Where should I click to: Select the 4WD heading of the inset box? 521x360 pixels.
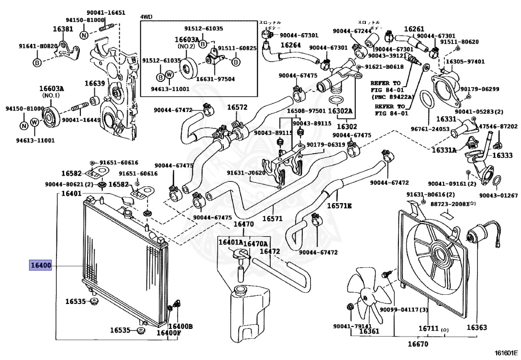148,17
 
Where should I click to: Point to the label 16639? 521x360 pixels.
95,84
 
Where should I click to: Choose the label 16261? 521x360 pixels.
414,30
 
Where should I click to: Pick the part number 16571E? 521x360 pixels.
339,206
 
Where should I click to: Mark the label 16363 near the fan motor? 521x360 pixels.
477,327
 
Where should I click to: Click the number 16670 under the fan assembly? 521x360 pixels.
417,345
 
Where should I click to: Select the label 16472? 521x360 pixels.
270,251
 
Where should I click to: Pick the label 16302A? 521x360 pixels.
340,110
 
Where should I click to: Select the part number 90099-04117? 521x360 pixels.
401,309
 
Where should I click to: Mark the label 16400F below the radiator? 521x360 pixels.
168,333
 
